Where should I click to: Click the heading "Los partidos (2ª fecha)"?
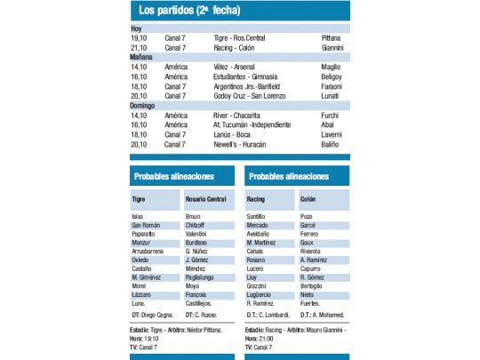tap(190, 11)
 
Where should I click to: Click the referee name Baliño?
tap(332, 144)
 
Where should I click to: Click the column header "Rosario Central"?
tap(206, 200)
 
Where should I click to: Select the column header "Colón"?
tap(308, 200)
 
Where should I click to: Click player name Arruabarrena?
tap(149, 251)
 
